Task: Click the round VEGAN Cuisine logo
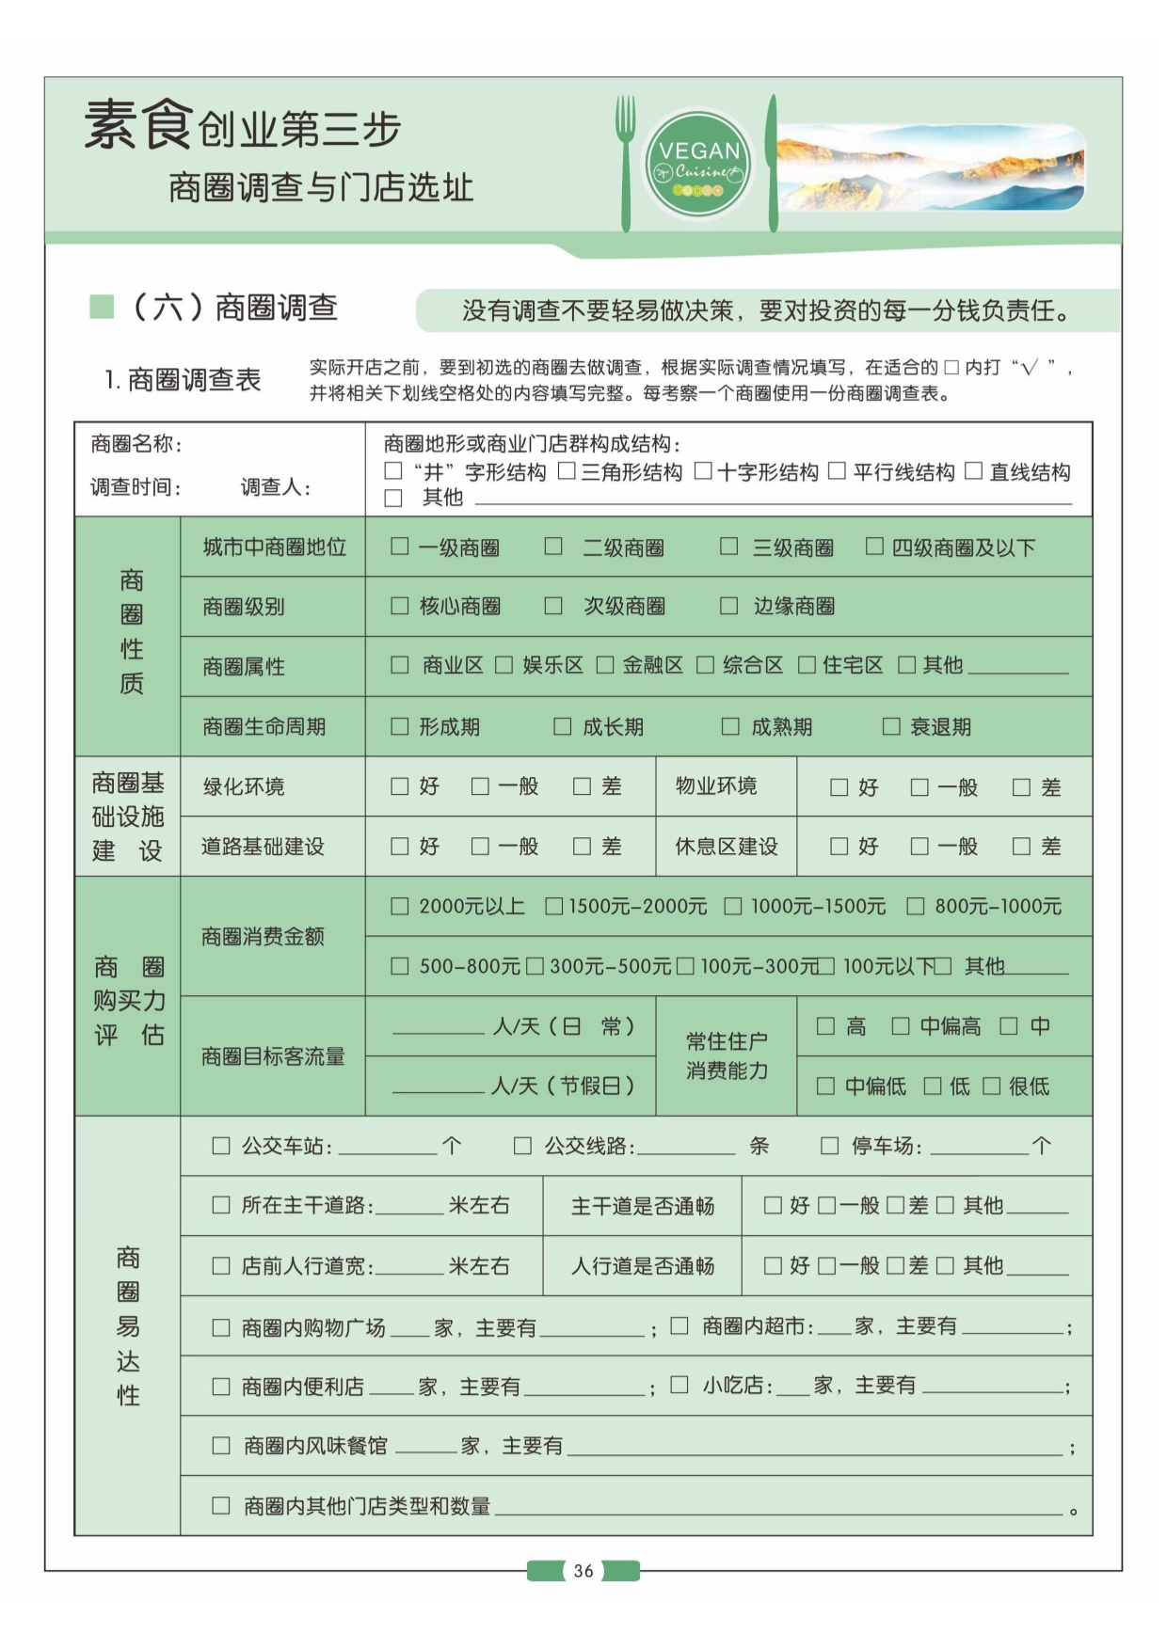[x=698, y=166]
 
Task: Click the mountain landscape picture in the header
[x=930, y=166]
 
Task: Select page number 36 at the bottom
[x=583, y=1570]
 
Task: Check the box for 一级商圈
[x=400, y=547]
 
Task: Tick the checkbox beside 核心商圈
[x=400, y=606]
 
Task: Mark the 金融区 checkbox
[x=605, y=665]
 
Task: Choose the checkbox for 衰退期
[x=890, y=726]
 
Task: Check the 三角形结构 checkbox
[x=567, y=470]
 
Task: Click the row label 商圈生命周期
[x=264, y=726]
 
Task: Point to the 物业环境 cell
[x=716, y=785]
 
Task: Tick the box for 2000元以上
[x=400, y=906]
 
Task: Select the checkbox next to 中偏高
[x=901, y=1025]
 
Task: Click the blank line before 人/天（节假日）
[x=438, y=1086]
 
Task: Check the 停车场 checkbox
[x=829, y=1145]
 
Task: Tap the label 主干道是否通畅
[x=643, y=1206]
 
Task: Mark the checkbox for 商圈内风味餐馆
[x=221, y=1446]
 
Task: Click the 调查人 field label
[x=275, y=486]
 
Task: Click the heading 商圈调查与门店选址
[x=321, y=187]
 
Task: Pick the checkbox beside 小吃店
[x=679, y=1385]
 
